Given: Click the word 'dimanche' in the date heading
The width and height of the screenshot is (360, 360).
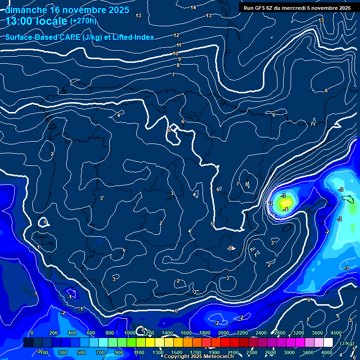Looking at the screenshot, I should pyautogui.click(x=26, y=10).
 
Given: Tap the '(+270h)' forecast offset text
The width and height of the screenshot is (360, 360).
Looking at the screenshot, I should pyautogui.click(x=83, y=21).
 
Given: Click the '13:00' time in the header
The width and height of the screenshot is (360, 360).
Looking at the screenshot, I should pyautogui.click(x=18, y=21).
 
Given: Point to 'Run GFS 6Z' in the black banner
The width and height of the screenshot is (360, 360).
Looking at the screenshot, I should pyautogui.click(x=259, y=8).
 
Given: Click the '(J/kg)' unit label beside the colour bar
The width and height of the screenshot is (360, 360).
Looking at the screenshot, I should pyautogui.click(x=347, y=343).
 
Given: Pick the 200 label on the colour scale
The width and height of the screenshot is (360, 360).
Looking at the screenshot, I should pyautogui.click(x=53, y=333).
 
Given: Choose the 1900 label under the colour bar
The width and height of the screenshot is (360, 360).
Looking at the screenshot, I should pyautogui.click(x=214, y=352).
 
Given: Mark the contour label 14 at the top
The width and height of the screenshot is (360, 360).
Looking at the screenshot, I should pyautogui.click(x=194, y=7).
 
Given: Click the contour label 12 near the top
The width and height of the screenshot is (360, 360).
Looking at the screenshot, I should pyautogui.click(x=176, y=35).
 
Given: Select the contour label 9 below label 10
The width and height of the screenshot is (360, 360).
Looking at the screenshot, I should pyautogui.click(x=179, y=60).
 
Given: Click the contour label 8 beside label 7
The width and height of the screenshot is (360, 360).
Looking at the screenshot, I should pyautogui.click(x=246, y=185).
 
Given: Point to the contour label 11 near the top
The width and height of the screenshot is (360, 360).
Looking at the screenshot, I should pyautogui.click(x=179, y=45).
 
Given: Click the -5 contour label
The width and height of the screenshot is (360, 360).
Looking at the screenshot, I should pyautogui.click(x=230, y=248).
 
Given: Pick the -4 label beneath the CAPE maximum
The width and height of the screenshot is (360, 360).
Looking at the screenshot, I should pyautogui.click(x=285, y=210).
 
